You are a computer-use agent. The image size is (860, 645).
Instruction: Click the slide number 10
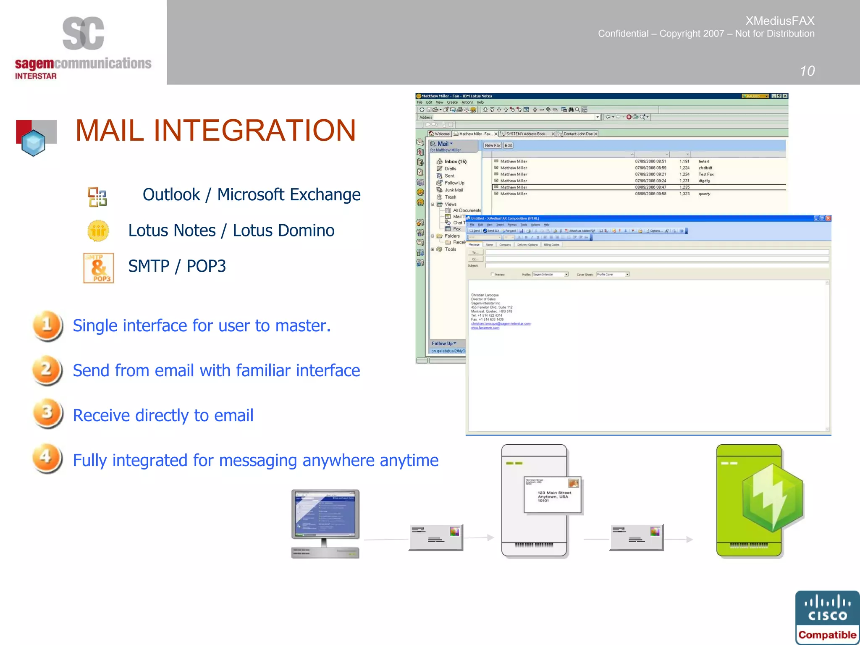point(807,71)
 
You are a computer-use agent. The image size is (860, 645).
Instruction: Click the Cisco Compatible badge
point(827,618)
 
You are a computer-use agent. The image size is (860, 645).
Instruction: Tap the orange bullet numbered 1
point(47,325)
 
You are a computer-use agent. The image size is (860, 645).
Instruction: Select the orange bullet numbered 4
point(47,458)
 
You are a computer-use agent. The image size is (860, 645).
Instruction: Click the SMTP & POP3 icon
point(99,268)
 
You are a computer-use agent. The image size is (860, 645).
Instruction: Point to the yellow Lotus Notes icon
point(98,231)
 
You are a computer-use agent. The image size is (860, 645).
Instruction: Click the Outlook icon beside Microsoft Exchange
point(97,197)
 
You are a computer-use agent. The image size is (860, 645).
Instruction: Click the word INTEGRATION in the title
point(254,131)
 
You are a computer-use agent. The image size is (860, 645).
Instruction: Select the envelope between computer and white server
point(436,537)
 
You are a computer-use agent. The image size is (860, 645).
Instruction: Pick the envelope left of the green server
point(636,537)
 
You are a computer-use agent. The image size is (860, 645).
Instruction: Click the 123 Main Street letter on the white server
point(553,495)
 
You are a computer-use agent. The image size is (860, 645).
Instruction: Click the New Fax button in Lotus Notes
point(492,145)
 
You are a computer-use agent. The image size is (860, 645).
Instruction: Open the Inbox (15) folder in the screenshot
point(455,162)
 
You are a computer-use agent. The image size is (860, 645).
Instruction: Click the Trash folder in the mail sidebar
point(450,197)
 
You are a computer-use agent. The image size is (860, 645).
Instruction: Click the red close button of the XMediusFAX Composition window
point(828,218)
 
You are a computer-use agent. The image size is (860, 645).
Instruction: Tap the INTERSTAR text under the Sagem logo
point(36,76)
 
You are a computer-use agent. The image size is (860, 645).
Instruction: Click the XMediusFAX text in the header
point(780,21)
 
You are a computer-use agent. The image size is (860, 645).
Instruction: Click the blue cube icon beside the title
point(34,142)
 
